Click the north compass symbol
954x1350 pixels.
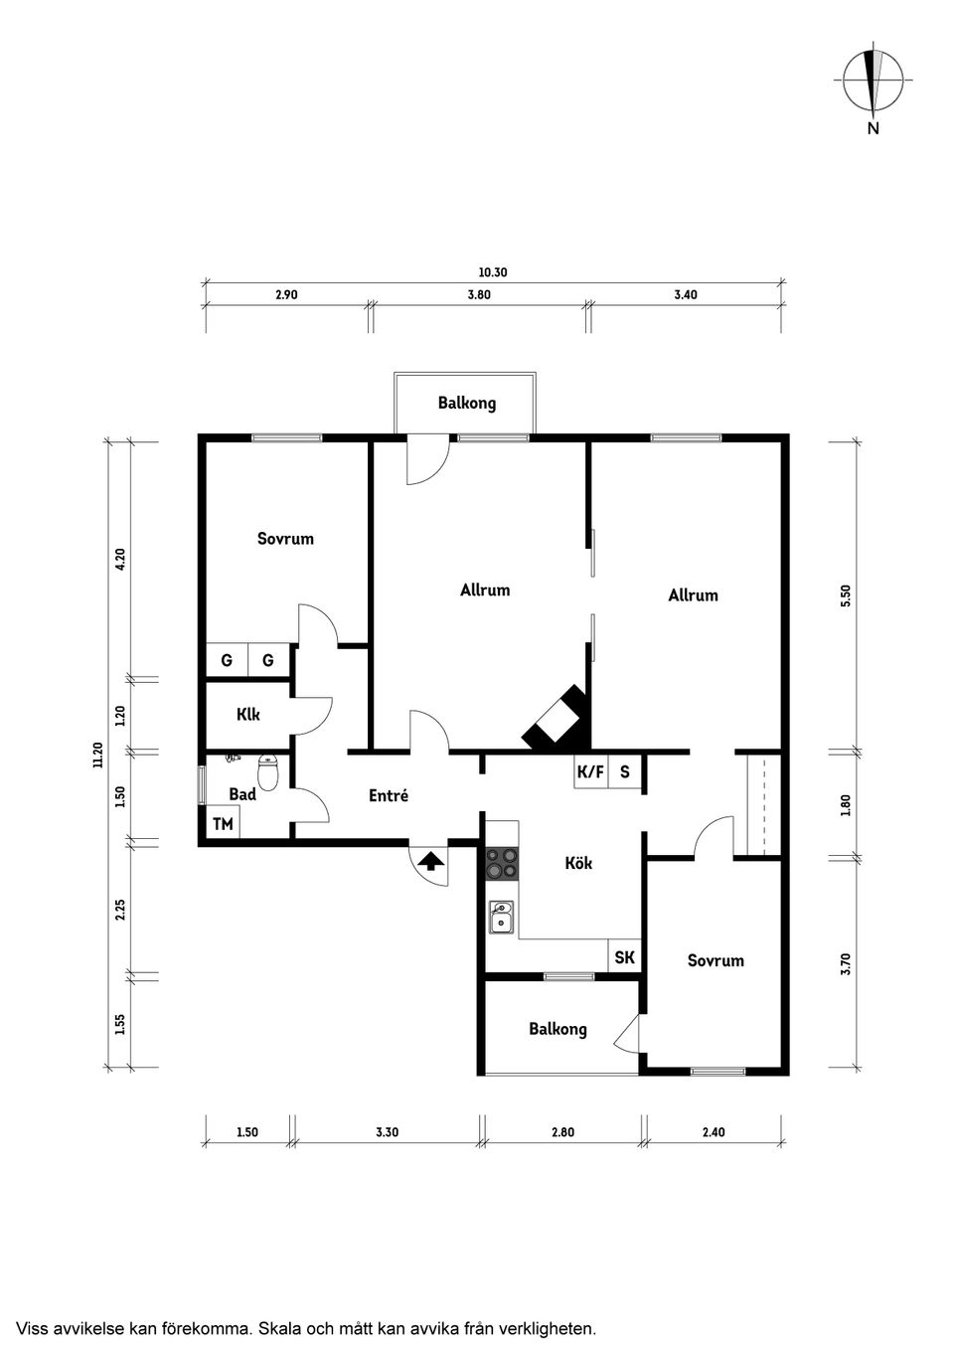point(873,81)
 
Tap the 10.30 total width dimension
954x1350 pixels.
point(493,272)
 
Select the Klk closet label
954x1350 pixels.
point(247,714)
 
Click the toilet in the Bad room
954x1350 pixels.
point(268,771)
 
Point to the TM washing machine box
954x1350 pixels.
point(223,824)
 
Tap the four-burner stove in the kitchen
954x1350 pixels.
point(502,863)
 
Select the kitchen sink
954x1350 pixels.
point(502,917)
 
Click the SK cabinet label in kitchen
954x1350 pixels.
point(624,957)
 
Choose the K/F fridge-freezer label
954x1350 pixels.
point(590,771)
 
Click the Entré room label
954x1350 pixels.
point(388,795)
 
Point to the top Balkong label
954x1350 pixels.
point(466,403)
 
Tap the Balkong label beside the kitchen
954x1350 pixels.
point(557,1029)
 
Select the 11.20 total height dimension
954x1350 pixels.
point(97,756)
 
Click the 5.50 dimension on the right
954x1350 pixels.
point(846,594)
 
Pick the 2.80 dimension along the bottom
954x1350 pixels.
point(563,1131)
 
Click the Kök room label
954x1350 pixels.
point(578,863)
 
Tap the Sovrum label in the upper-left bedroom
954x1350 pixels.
point(285,539)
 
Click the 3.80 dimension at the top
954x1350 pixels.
point(479,294)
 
